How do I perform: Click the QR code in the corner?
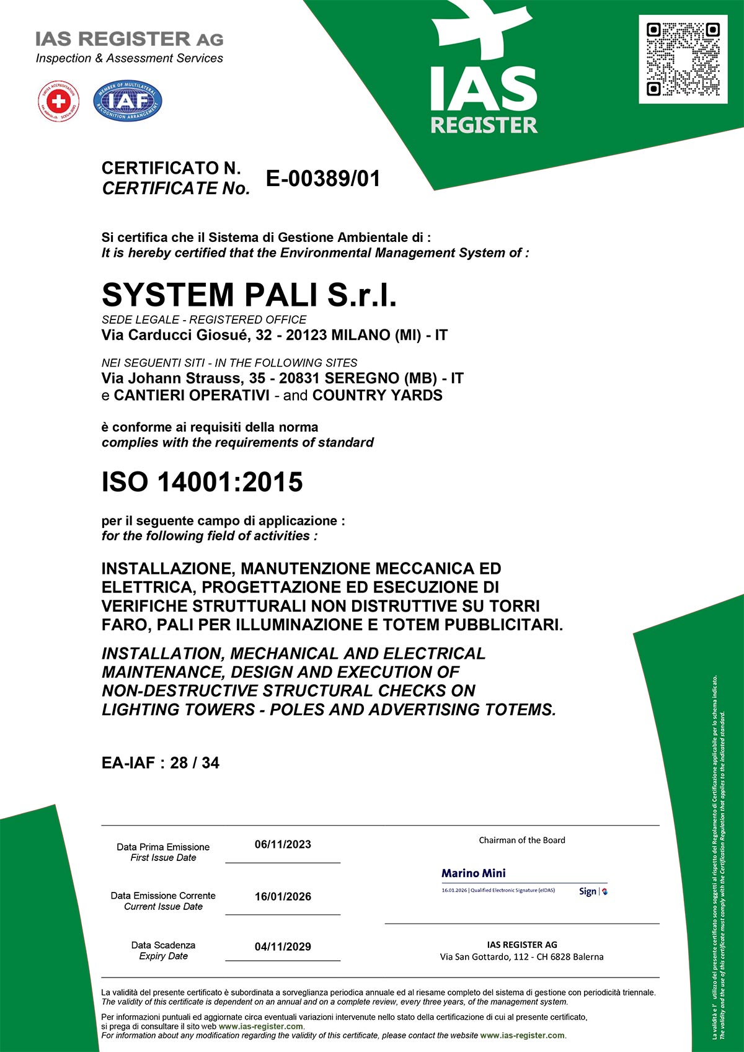pyautogui.click(x=683, y=60)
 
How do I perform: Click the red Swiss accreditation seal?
pyautogui.click(x=58, y=101)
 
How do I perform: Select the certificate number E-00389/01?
pyautogui.click(x=323, y=179)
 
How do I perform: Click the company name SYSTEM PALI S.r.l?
pyautogui.click(x=249, y=295)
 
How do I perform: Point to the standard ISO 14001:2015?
pyautogui.click(x=202, y=482)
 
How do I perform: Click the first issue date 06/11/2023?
pyautogui.click(x=283, y=844)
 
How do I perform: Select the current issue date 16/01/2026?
pyautogui.click(x=283, y=896)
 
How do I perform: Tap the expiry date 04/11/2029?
pyautogui.click(x=283, y=947)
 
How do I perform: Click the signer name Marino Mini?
pyautogui.click(x=474, y=873)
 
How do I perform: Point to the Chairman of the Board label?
pyautogui.click(x=522, y=840)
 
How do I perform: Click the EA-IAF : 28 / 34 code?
pyautogui.click(x=161, y=763)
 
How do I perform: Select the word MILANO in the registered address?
pyautogui.click(x=361, y=336)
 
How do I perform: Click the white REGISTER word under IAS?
pyautogui.click(x=484, y=125)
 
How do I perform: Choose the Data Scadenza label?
pyautogui.click(x=163, y=945)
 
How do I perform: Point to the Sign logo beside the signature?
pyautogui.click(x=592, y=891)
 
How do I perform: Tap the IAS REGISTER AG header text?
pyautogui.click(x=129, y=39)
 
